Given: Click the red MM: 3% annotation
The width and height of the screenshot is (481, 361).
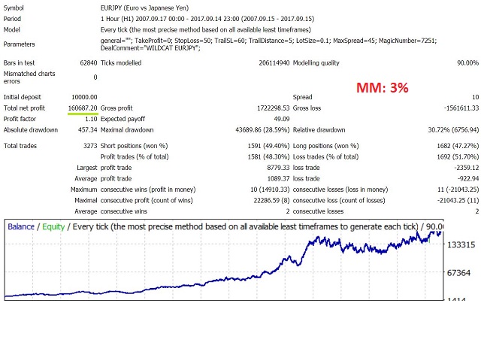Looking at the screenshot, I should tap(383, 88).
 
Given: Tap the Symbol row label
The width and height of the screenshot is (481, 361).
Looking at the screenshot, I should tap(16, 7).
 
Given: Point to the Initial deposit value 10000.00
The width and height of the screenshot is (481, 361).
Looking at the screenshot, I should tap(82, 97).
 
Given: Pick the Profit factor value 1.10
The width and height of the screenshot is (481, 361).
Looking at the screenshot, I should tap(90, 118).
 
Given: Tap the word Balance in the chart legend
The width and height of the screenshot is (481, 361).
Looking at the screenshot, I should tap(21, 226).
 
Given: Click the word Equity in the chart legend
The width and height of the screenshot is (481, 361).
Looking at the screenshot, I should tap(53, 226).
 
